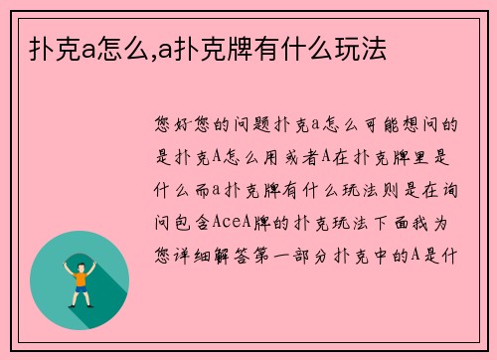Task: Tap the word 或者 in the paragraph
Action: (x=287, y=157)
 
